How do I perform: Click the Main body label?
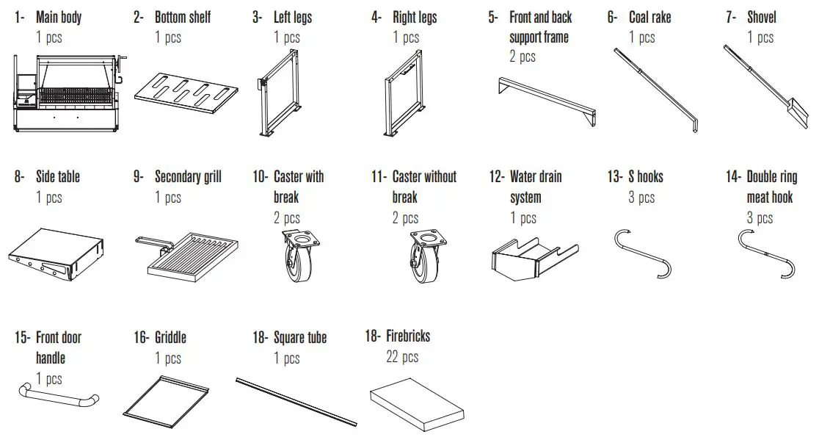(x=59, y=17)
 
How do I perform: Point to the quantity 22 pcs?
(x=402, y=357)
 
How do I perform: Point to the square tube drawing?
(x=296, y=401)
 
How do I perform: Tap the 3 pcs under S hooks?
(x=641, y=198)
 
